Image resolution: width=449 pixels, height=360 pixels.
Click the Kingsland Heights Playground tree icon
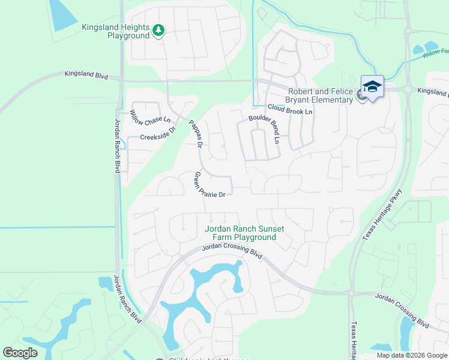pos(158,31)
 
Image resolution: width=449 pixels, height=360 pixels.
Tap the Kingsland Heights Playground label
pos(115,32)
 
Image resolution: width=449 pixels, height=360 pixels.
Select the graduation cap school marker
pos(372,88)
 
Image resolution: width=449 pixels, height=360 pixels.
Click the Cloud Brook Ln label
pos(290,109)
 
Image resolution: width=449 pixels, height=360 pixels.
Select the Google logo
pos(20,353)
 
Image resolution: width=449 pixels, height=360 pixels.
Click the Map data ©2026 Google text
pos(411,355)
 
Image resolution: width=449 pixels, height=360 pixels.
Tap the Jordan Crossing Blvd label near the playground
pos(232,251)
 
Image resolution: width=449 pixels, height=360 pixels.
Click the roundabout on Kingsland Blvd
pos(408,89)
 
